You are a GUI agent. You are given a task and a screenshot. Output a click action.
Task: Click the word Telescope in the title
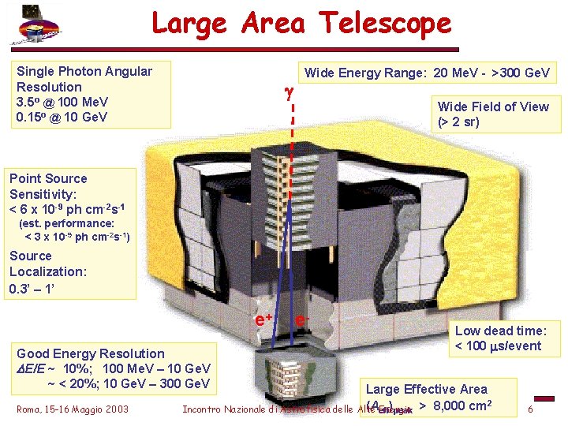(379, 24)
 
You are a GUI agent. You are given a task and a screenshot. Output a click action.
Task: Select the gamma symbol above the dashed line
(289, 93)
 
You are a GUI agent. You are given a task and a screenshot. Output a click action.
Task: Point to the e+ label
(263, 319)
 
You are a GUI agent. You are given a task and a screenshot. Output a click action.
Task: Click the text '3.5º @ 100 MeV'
(62, 103)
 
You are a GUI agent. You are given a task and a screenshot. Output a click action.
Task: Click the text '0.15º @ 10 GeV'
(62, 118)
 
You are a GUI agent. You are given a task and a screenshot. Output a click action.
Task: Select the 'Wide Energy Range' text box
(427, 73)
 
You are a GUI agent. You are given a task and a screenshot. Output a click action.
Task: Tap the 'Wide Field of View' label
(493, 106)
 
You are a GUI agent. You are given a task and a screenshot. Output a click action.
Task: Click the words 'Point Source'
(49, 178)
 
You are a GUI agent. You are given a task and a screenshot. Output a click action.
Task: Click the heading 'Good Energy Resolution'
(91, 353)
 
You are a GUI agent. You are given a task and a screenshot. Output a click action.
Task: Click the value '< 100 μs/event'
(499, 346)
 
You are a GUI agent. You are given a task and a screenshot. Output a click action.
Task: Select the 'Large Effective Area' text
(427, 389)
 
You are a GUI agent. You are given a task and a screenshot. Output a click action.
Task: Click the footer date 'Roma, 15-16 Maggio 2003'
(72, 409)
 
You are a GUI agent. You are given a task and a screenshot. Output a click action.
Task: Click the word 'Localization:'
(48, 271)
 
